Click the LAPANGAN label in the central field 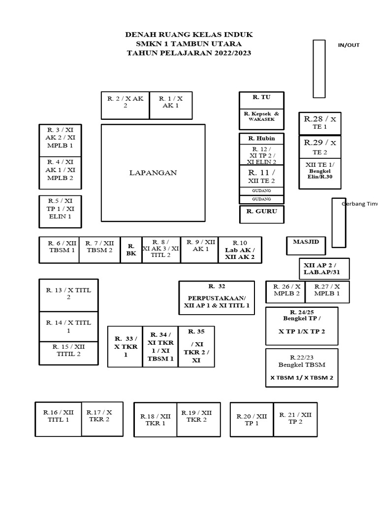click(x=153, y=173)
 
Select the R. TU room click(x=261, y=100)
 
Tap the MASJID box click(x=306, y=245)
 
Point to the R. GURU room click(x=262, y=214)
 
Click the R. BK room click(x=131, y=250)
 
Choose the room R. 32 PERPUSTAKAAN click(x=217, y=298)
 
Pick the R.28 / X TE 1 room click(x=320, y=123)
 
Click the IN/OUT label click(x=348, y=45)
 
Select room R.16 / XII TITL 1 click(x=58, y=419)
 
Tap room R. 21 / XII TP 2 click(x=295, y=419)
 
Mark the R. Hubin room click(x=262, y=139)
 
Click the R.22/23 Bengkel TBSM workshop click(x=302, y=367)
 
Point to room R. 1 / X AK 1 click(x=170, y=105)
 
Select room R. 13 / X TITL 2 click(x=61, y=295)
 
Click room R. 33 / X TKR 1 click(x=125, y=347)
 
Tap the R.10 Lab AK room click(x=240, y=250)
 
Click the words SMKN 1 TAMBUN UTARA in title click(x=189, y=44)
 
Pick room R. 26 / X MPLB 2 click(x=285, y=292)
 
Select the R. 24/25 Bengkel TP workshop click(x=302, y=325)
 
